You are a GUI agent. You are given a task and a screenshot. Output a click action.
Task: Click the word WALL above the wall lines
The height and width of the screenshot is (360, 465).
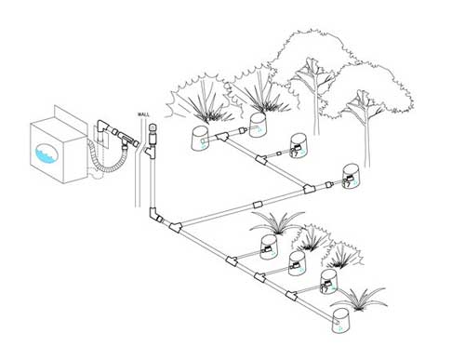[143, 114]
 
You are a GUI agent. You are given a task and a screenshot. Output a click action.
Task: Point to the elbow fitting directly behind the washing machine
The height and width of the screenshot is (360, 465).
[103, 127]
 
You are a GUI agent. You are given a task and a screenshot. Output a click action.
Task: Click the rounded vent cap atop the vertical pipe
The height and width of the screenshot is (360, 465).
[153, 128]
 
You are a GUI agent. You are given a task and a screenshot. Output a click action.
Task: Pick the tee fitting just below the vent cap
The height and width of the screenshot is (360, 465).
[153, 153]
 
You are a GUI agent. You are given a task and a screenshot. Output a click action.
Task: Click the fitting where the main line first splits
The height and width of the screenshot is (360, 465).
[176, 227]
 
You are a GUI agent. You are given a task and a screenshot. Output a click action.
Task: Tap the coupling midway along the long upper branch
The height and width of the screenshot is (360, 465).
[258, 205]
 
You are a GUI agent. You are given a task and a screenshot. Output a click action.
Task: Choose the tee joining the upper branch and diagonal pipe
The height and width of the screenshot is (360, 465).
[309, 189]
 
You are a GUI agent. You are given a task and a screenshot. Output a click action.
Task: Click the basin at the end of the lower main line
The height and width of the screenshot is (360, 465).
[341, 321]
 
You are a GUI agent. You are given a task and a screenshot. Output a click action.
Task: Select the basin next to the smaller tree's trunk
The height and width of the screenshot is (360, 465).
[352, 177]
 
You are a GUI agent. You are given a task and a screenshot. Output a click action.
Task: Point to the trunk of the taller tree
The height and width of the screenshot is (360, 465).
[316, 104]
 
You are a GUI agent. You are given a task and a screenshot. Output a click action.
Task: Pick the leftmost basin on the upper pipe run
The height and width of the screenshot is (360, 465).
[202, 139]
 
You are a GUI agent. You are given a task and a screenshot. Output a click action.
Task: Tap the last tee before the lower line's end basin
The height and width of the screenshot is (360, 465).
[291, 296]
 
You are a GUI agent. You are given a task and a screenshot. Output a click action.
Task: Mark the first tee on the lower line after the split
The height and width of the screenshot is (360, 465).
[232, 260]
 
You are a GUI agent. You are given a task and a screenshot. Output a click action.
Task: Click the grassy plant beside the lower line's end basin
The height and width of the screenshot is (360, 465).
[360, 299]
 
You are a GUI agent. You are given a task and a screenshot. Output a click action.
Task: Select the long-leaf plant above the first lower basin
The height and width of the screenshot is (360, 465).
[278, 222]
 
